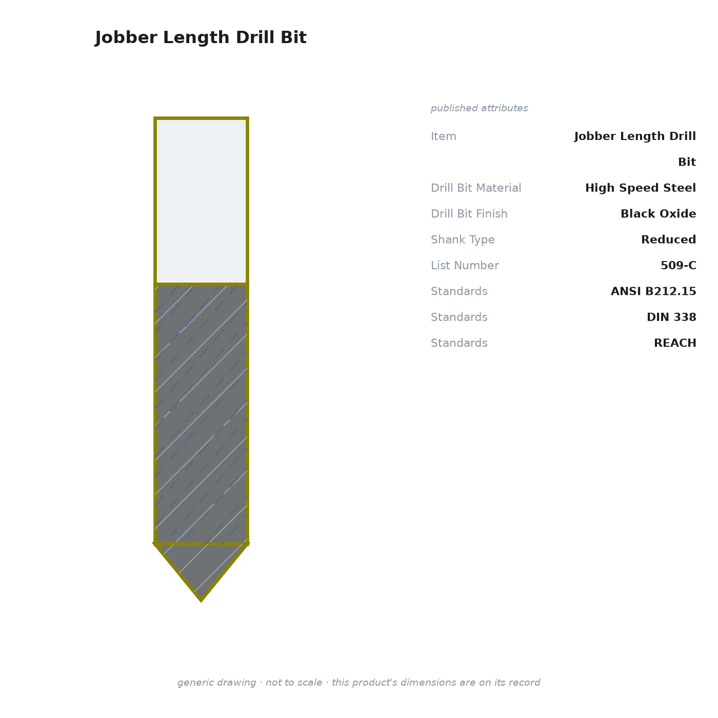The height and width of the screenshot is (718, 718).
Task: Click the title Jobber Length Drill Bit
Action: [201, 37]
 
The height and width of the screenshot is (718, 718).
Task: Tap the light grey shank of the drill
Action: [201, 201]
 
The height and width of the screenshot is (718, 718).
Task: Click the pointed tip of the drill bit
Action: [201, 600]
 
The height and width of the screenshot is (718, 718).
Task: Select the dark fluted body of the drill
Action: [201, 414]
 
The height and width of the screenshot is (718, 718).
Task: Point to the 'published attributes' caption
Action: [479, 108]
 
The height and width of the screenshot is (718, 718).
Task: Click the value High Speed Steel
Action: [640, 188]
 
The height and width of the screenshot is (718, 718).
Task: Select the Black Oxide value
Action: [658, 213]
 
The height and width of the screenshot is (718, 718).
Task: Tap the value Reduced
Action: [668, 239]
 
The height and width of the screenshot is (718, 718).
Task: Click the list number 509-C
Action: [678, 265]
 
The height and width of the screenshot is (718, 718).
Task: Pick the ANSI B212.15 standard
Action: [653, 291]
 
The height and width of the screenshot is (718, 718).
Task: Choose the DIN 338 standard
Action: [671, 317]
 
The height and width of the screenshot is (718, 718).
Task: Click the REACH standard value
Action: [675, 343]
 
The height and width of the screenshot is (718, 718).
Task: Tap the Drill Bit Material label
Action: [476, 188]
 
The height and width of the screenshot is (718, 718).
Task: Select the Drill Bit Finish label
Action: [469, 213]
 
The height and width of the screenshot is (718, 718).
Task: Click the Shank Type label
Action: [463, 240]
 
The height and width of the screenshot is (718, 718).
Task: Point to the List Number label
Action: [465, 265]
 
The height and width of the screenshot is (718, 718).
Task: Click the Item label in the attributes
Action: [444, 136]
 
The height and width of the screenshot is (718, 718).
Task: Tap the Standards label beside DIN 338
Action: [459, 317]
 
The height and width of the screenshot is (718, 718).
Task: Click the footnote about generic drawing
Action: [359, 683]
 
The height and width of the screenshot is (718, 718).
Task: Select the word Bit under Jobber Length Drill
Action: [687, 162]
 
